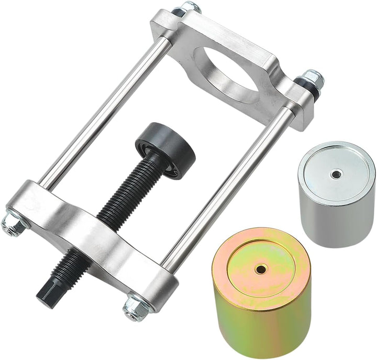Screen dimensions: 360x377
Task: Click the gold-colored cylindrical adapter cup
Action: pos(262,293)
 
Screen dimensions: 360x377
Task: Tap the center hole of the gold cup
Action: pos(260,269)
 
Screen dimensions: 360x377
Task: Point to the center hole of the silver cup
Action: pos(335,173)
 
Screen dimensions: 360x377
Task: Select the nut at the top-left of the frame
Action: pos(190,8)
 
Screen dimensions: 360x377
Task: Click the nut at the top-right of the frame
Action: pos(313,79)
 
